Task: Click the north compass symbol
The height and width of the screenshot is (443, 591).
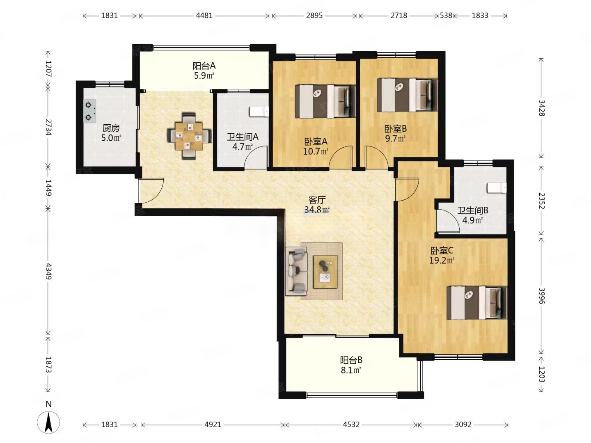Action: [x=48, y=423]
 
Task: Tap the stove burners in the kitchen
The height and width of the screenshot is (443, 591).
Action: [x=89, y=111]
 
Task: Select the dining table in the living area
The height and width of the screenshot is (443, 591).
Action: [x=189, y=136]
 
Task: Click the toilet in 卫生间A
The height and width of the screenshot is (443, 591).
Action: [x=259, y=111]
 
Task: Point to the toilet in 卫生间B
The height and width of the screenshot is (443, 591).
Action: [x=497, y=188]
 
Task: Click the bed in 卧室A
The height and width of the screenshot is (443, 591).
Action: [x=325, y=101]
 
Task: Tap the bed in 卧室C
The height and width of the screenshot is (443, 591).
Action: [x=476, y=303]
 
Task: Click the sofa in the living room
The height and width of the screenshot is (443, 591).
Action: [x=296, y=272]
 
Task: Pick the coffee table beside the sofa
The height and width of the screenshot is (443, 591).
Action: [x=325, y=272]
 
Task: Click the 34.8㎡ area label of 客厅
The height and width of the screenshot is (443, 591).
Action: [x=317, y=209]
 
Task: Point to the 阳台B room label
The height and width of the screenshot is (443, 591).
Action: [x=351, y=360]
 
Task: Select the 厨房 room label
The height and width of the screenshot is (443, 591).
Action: [x=111, y=128]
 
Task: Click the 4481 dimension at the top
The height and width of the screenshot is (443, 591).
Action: [x=204, y=15]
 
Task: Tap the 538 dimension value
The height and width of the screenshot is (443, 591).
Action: [x=446, y=15]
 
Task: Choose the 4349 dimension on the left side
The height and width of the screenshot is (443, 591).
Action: [x=48, y=271]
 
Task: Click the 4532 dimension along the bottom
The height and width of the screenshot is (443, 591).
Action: [x=351, y=425]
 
